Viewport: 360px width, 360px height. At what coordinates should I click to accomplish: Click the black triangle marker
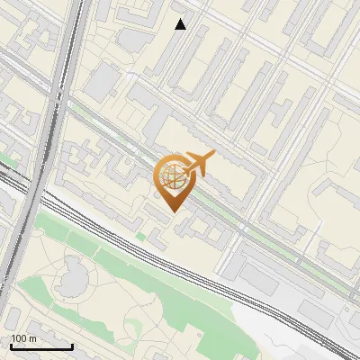click(x=181, y=24)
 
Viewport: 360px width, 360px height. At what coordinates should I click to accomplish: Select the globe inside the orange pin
click(x=171, y=176)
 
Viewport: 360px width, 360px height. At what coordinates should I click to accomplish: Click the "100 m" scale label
click(x=23, y=337)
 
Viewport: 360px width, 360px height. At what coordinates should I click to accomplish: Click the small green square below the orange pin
click(x=140, y=237)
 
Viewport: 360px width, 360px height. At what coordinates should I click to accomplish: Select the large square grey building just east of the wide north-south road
click(x=102, y=82)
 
